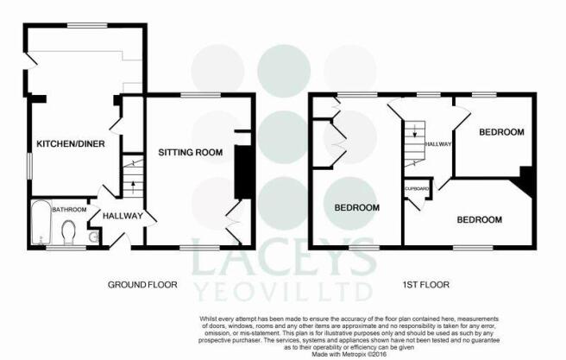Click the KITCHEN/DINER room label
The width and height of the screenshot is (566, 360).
pyautogui.click(x=71, y=143)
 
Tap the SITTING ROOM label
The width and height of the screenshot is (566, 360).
pyautogui.click(x=190, y=153)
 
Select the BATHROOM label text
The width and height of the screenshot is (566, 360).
pyautogui.click(x=69, y=210)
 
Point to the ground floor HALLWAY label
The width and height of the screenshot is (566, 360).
pyautogui.click(x=123, y=216)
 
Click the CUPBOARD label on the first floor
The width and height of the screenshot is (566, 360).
pyautogui.click(x=418, y=188)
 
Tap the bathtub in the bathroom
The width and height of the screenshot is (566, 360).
pyautogui.click(x=41, y=223)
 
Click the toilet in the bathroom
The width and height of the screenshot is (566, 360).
pyautogui.click(x=68, y=233)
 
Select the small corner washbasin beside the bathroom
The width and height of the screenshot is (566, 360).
pyautogui.click(x=94, y=237)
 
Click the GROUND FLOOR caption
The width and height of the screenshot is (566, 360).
pyautogui.click(x=142, y=285)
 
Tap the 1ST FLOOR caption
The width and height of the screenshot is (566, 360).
pyautogui.click(x=426, y=285)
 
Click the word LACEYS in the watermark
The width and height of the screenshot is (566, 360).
pyautogui.click(x=283, y=257)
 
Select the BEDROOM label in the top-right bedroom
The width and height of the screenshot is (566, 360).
pyautogui.click(x=501, y=132)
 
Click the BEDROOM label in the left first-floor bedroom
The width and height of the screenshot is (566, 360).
pyautogui.click(x=356, y=207)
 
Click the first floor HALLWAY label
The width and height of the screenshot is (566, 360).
pyautogui.click(x=438, y=143)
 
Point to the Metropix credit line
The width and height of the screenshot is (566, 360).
pyautogui.click(x=349, y=354)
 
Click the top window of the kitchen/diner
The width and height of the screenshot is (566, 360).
pyautogui.click(x=87, y=26)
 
